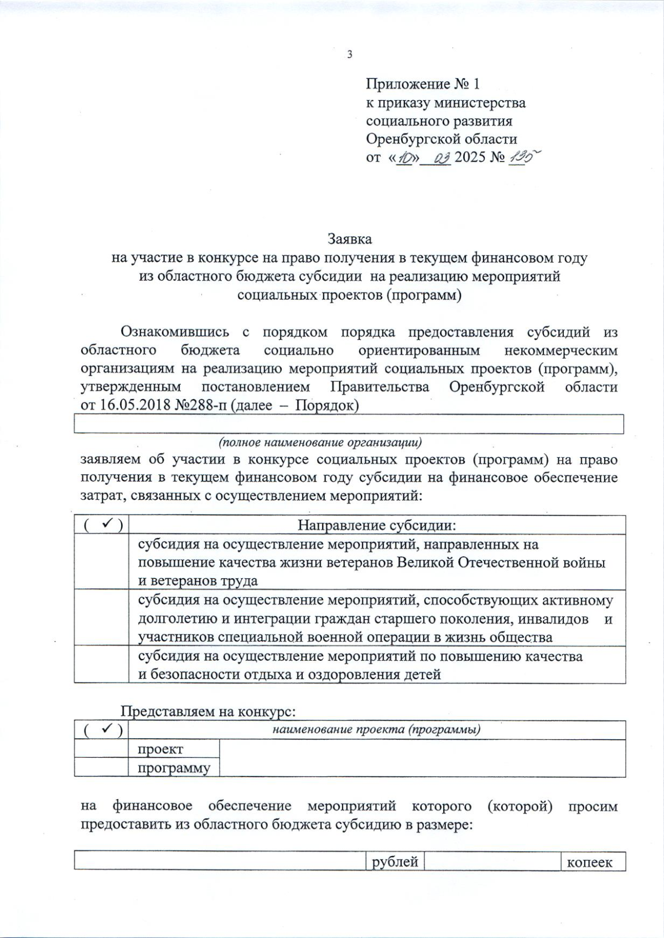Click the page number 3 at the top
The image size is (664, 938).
[349, 54]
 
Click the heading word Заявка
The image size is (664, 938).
[349, 239]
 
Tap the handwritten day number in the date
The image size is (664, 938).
[406, 158]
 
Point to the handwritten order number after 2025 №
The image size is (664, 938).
[520, 158]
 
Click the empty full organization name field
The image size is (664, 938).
[349, 424]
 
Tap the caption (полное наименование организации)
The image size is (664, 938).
[320, 442]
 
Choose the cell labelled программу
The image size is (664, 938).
[174, 768]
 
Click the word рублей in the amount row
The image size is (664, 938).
[395, 862]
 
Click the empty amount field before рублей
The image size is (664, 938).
[220, 862]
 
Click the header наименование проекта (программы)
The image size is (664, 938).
[376, 729]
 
